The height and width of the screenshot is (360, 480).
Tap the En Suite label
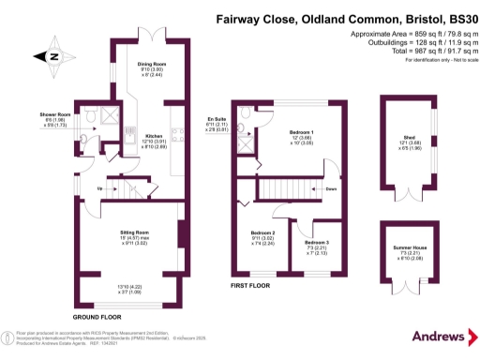[217, 118]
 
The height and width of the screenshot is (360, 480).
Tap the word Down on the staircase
[331, 188]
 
